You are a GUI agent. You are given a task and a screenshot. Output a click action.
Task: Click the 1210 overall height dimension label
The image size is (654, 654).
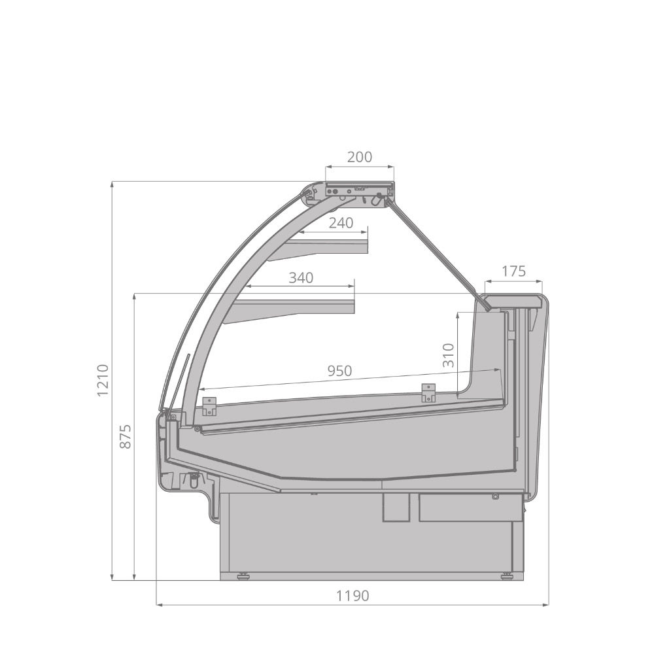click(x=103, y=381)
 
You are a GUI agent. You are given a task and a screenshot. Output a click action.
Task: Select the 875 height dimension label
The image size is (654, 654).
click(x=125, y=436)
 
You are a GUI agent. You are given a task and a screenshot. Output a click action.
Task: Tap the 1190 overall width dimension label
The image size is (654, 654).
click(x=353, y=596)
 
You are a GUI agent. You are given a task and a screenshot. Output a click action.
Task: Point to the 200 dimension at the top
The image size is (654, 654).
click(x=360, y=157)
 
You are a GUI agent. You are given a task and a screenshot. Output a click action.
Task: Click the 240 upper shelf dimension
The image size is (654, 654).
click(x=341, y=223)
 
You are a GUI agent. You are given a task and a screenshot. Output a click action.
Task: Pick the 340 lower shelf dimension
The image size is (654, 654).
click(x=301, y=277)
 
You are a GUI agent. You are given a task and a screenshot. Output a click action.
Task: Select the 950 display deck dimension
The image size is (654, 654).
click(x=339, y=370)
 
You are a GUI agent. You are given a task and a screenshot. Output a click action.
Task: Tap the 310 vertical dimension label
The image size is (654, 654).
click(x=448, y=355)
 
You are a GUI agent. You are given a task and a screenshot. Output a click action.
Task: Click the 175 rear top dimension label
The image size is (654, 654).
click(x=513, y=271)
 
